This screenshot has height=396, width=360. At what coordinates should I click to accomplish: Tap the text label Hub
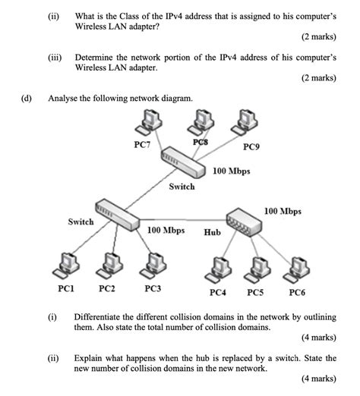click(x=212, y=232)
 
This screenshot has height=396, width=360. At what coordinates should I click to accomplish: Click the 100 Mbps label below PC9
click(x=232, y=171)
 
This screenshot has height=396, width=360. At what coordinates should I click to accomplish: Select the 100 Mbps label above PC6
click(x=283, y=211)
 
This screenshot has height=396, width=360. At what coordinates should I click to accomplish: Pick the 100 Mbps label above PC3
click(x=166, y=228)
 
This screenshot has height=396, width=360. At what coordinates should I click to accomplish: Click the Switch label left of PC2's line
click(x=81, y=222)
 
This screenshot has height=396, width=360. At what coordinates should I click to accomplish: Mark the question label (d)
click(x=27, y=99)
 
